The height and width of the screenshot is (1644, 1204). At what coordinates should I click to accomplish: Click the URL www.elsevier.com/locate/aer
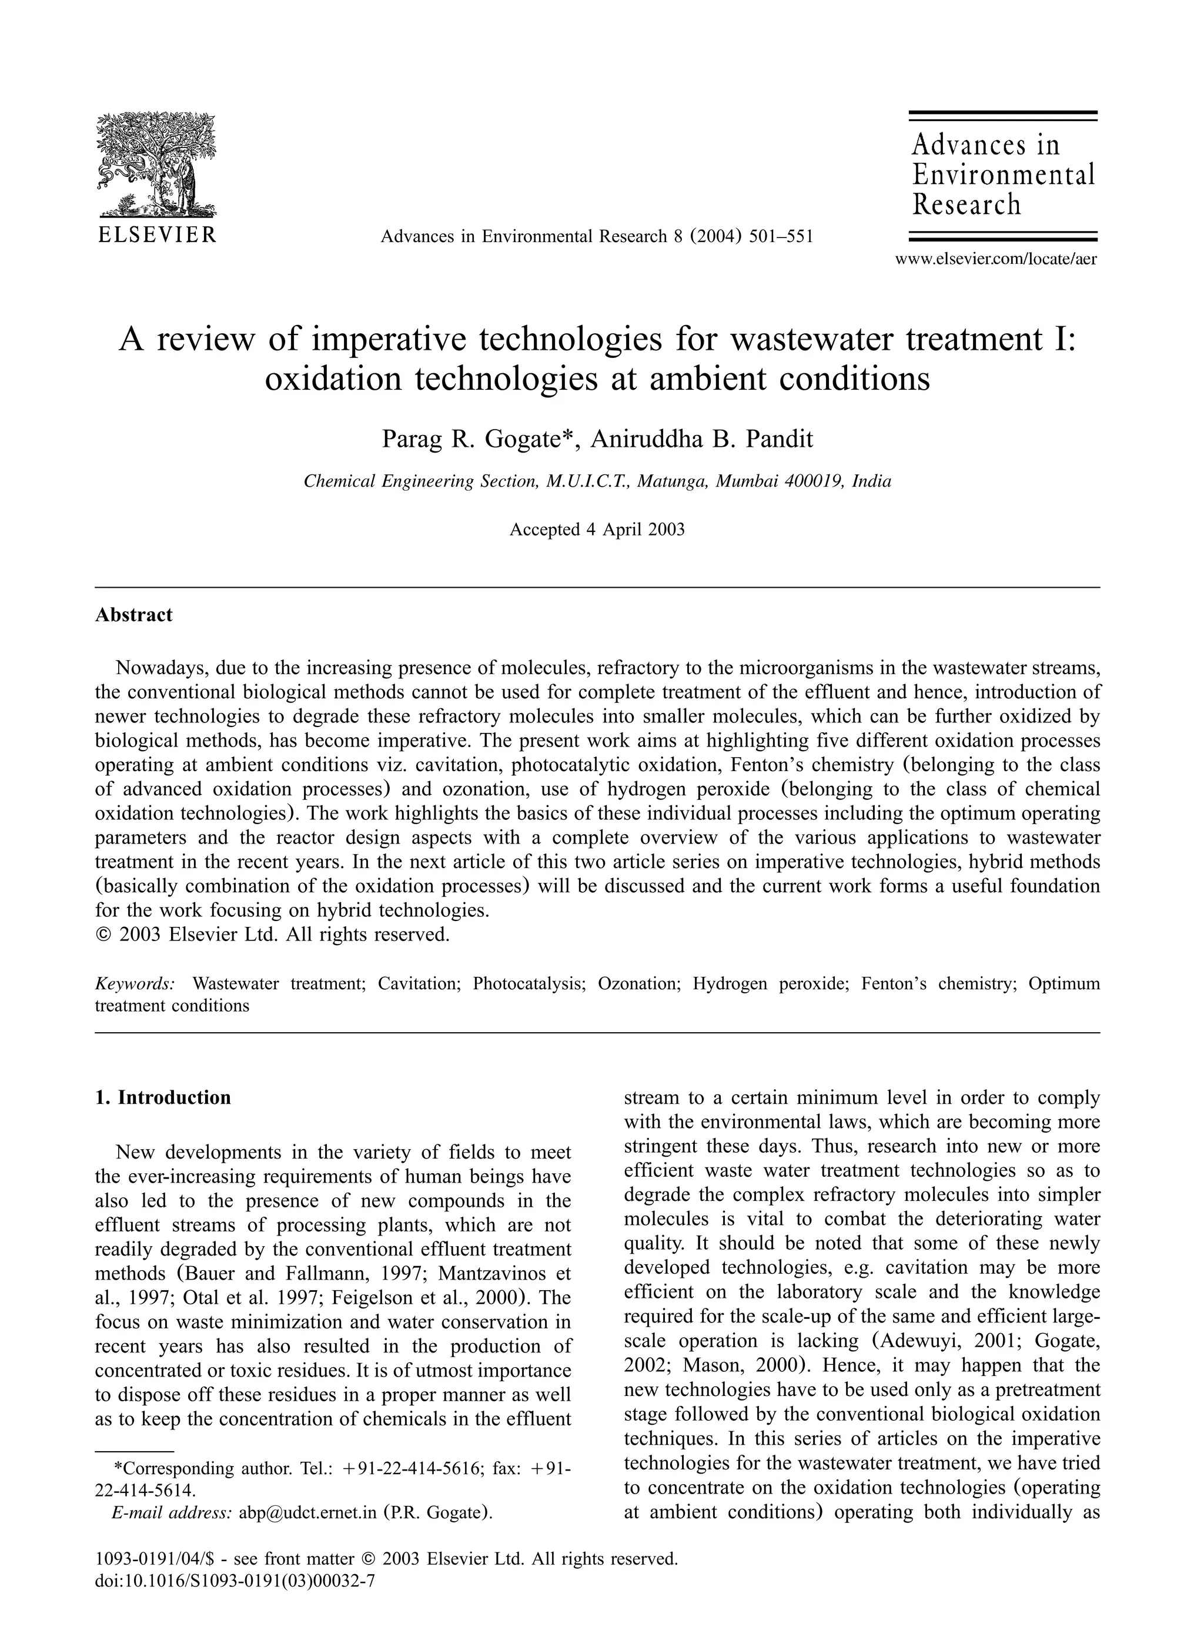click(995, 259)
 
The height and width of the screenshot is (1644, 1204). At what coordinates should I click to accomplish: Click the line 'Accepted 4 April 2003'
click(597, 529)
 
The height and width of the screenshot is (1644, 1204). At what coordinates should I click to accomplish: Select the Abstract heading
click(134, 614)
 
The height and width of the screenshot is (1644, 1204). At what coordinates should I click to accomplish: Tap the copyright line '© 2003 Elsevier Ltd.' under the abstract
click(273, 934)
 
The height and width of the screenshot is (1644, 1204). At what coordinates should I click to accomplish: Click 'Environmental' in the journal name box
click(1004, 175)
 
